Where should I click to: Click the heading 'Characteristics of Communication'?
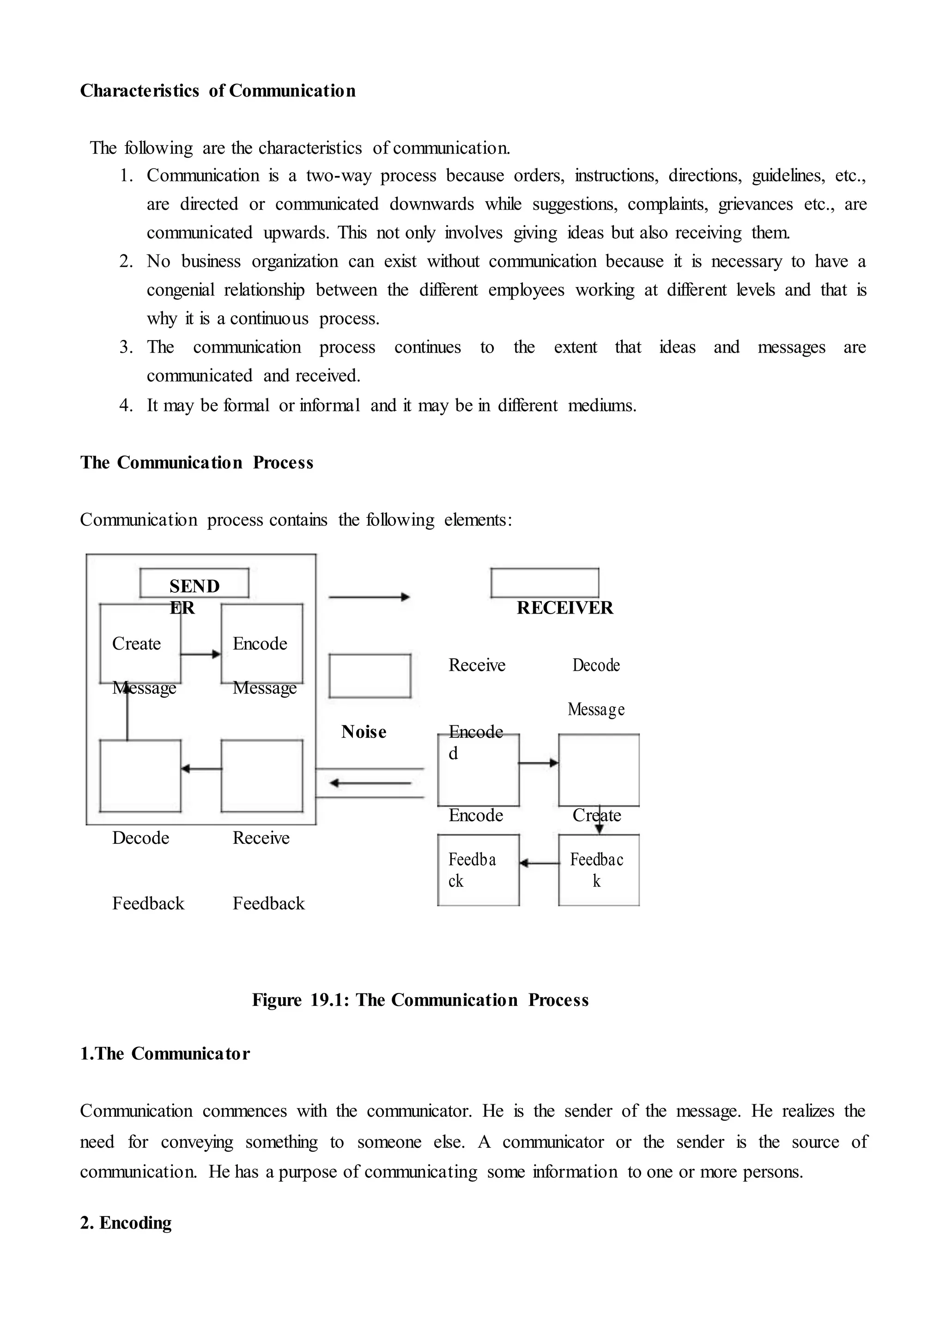(217, 91)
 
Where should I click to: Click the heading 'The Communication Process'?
(196, 463)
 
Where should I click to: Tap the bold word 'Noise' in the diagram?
(364, 732)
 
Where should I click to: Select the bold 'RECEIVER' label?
(564, 608)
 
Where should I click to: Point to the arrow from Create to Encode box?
(200, 654)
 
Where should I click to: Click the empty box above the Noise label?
(370, 676)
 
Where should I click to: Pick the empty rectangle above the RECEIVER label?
(544, 583)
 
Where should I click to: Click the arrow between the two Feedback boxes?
(539, 863)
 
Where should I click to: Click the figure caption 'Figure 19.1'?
(420, 999)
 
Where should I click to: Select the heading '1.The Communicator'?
(165, 1053)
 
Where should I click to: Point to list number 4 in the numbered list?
(126, 405)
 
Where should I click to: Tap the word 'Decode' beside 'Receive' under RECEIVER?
(596, 665)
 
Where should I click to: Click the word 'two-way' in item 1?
(339, 176)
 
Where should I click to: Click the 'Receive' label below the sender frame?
(261, 838)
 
